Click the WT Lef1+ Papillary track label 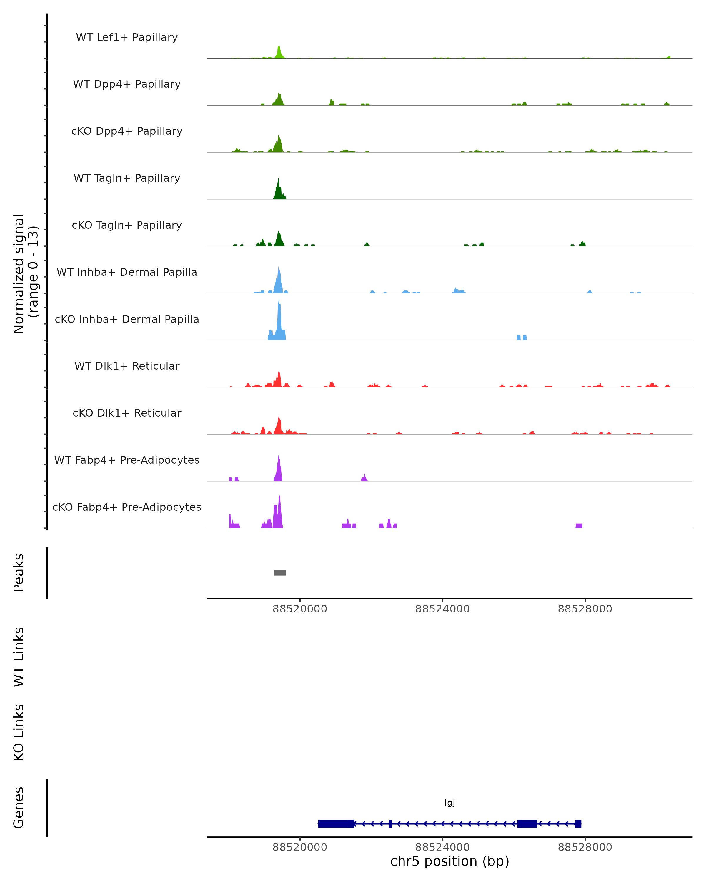coord(127,37)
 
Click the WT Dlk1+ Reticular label coord(127,366)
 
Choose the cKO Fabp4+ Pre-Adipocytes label coord(127,507)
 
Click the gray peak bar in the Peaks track coord(279,573)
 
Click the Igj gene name coord(449,803)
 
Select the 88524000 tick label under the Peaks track coord(442,609)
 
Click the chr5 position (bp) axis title coord(449,861)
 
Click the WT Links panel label coord(19,657)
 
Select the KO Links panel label coord(19,732)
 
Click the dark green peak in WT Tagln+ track coord(278,190)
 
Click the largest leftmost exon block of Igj coord(336,823)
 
